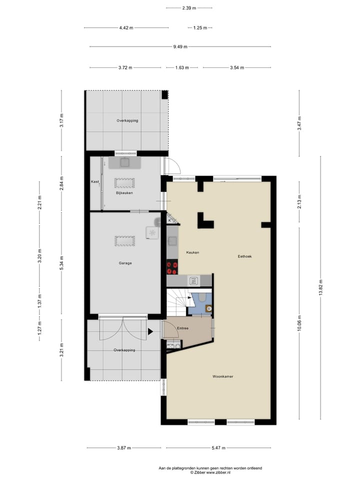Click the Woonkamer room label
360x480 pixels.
tap(223, 376)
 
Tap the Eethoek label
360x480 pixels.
tap(244, 256)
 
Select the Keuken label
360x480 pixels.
tap(192, 252)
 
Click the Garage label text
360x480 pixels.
tap(125, 263)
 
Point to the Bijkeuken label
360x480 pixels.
tap(124, 192)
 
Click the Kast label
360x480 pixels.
tap(94, 181)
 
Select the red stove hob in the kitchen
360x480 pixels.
tap(172, 268)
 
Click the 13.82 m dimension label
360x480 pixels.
tap(320, 294)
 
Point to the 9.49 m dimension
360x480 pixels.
tap(180, 47)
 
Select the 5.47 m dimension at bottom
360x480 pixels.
tap(218, 448)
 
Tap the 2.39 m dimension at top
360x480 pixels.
tap(188, 8)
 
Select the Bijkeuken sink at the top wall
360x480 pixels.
tap(125, 162)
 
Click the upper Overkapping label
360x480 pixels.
tap(127, 120)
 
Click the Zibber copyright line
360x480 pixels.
tap(210, 472)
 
